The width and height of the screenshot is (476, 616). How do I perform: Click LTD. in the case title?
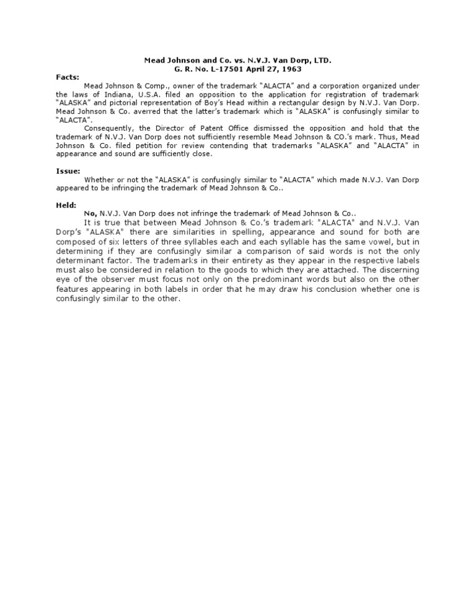pyautogui.click(x=321, y=61)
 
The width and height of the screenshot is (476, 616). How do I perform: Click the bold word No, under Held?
pyautogui.click(x=90, y=212)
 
